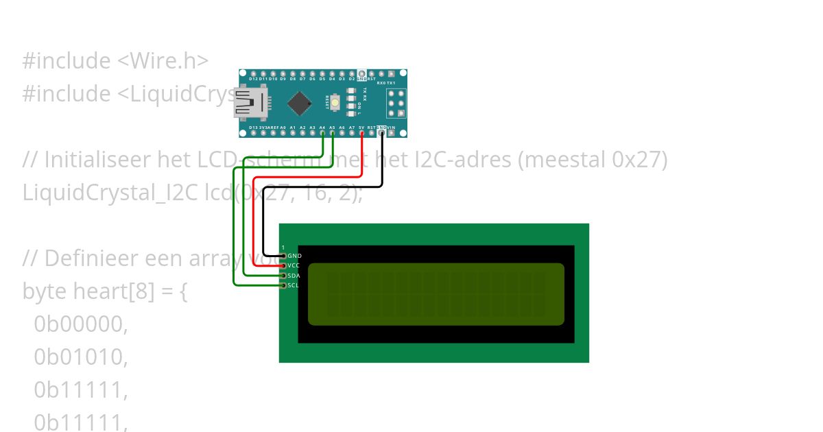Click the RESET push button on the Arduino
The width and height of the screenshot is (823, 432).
click(335, 104)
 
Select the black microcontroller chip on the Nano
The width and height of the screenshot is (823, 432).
click(299, 103)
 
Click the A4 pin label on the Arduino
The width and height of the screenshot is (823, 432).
click(322, 128)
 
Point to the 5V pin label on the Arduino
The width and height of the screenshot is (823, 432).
click(361, 128)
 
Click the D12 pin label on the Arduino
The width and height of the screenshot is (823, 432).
click(253, 79)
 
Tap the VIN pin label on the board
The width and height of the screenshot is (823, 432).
click(391, 128)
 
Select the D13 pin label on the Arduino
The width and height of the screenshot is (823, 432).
click(253, 128)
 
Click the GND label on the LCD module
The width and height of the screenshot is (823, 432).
click(294, 256)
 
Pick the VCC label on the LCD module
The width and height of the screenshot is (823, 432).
click(294, 265)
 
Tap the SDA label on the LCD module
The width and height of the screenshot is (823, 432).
click(294, 276)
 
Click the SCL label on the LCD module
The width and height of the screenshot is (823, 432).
click(294, 285)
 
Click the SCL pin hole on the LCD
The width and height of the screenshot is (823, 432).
click(283, 285)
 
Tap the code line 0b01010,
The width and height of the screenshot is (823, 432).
click(81, 357)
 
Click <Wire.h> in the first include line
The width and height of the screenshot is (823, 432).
click(163, 61)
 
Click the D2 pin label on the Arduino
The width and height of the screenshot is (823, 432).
click(351, 79)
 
